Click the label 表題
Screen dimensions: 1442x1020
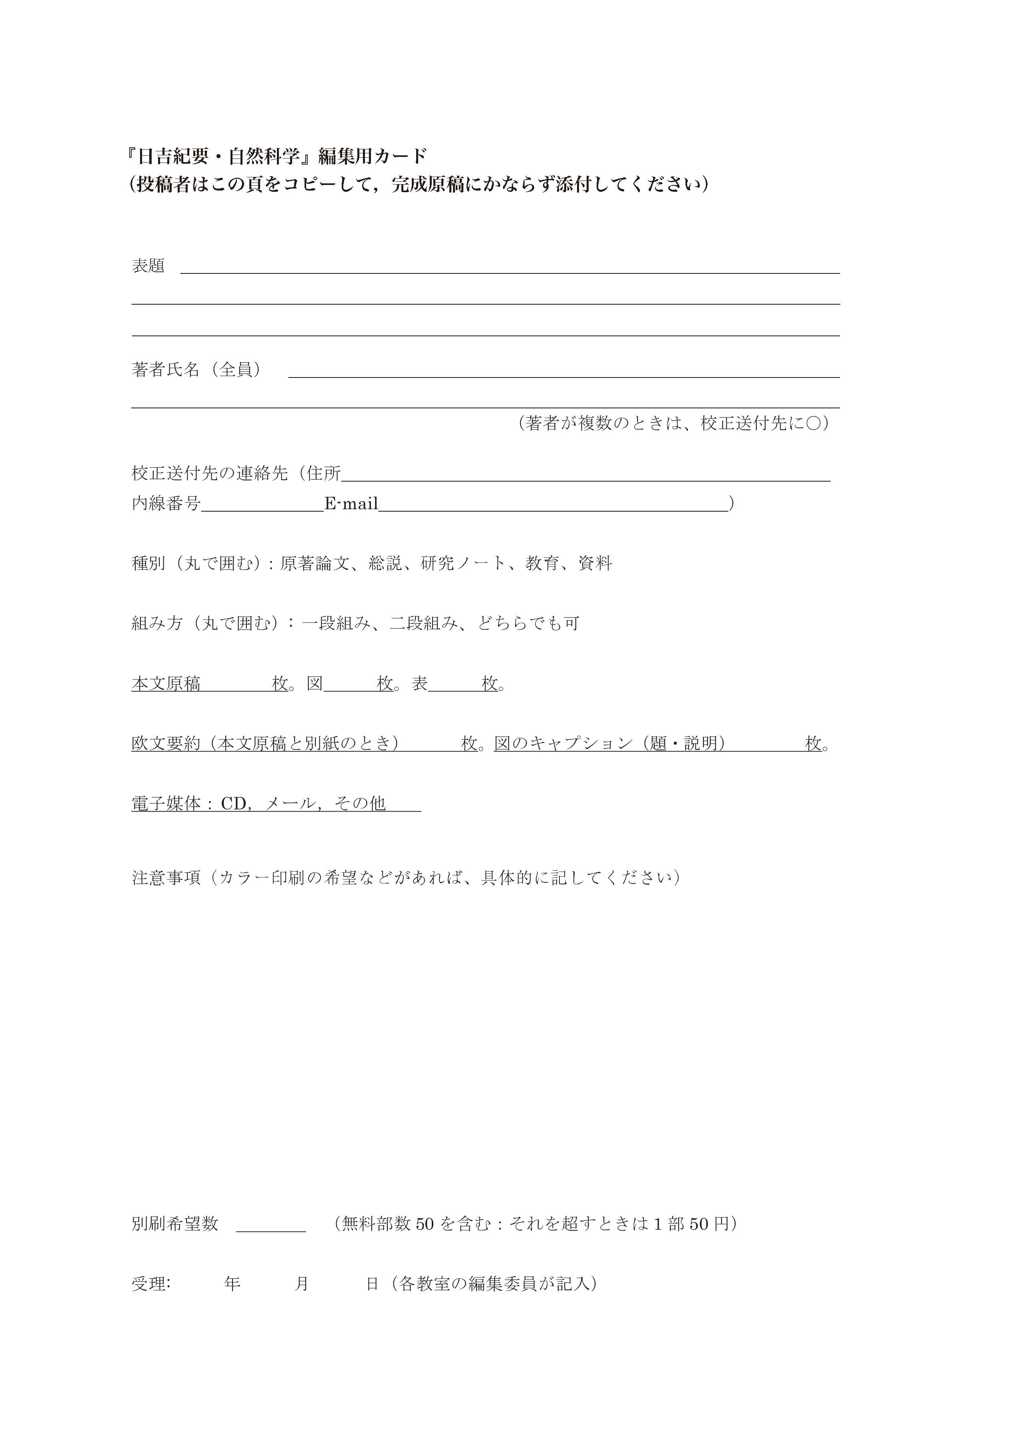[x=148, y=266]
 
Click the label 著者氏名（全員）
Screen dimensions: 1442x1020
[x=196, y=370]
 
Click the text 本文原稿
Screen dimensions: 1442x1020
[x=166, y=684]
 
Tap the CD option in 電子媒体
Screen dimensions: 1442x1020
[x=234, y=803]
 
